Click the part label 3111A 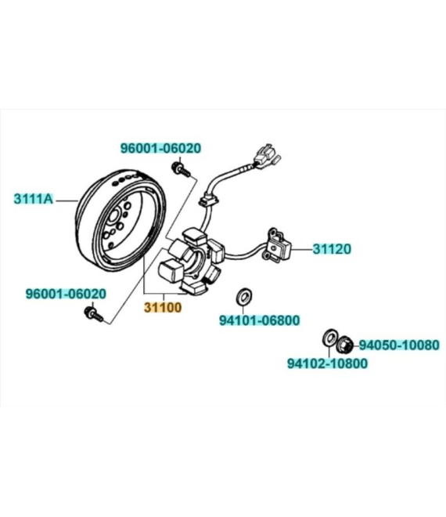click(x=34, y=199)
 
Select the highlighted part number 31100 click(x=163, y=308)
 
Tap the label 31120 click(x=332, y=249)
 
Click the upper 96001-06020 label click(x=160, y=148)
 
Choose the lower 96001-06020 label click(x=67, y=294)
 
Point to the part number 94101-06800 click(x=260, y=320)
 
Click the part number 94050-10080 click(x=399, y=345)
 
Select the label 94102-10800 click(x=327, y=363)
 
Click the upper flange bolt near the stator click(x=181, y=169)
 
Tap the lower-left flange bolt click(x=94, y=314)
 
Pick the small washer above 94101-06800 click(x=244, y=297)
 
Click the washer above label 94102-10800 click(x=329, y=338)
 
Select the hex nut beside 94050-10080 click(x=345, y=345)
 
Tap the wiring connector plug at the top click(x=266, y=157)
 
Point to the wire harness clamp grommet click(x=208, y=200)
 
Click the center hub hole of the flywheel click(x=113, y=217)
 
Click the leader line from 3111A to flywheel click(x=67, y=200)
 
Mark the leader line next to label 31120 click(x=302, y=250)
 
